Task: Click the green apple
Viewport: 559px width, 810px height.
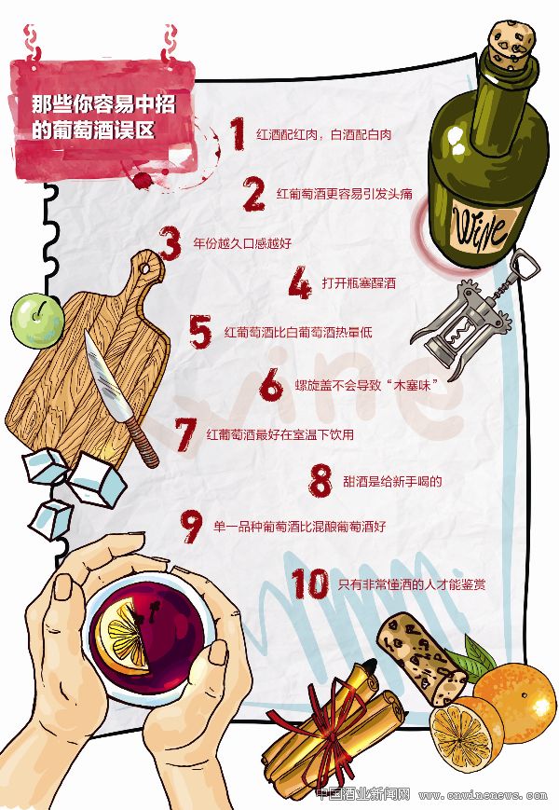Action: [37, 321]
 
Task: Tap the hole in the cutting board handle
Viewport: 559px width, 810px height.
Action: [146, 268]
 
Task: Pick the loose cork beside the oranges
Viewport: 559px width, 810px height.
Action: [421, 659]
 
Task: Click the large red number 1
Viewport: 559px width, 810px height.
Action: [238, 133]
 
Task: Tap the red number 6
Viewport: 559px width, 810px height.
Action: [271, 384]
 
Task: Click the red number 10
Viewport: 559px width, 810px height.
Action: [310, 583]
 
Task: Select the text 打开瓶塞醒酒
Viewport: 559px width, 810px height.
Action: [359, 283]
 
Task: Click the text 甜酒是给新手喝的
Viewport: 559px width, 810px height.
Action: [392, 482]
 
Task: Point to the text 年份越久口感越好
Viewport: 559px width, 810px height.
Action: [242, 242]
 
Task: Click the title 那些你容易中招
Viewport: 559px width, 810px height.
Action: [103, 104]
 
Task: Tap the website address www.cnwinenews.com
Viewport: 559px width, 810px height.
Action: [483, 795]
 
